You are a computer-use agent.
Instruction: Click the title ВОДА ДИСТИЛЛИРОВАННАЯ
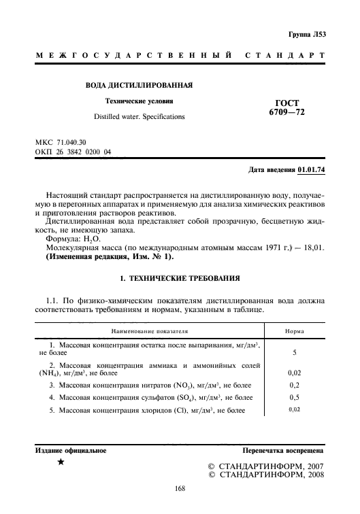point(139,86)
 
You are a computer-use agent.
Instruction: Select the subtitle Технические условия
point(140,101)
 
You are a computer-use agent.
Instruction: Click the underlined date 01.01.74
point(312,169)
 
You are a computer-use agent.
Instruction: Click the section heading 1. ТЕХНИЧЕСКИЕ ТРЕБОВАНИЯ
point(180,280)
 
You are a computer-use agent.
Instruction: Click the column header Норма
point(294,331)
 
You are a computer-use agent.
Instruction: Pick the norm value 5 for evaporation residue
point(294,354)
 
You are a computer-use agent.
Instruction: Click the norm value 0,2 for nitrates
point(294,385)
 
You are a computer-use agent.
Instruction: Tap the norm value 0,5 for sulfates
point(294,397)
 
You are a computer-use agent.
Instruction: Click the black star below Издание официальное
point(61,462)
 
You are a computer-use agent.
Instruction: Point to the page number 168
point(180,488)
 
